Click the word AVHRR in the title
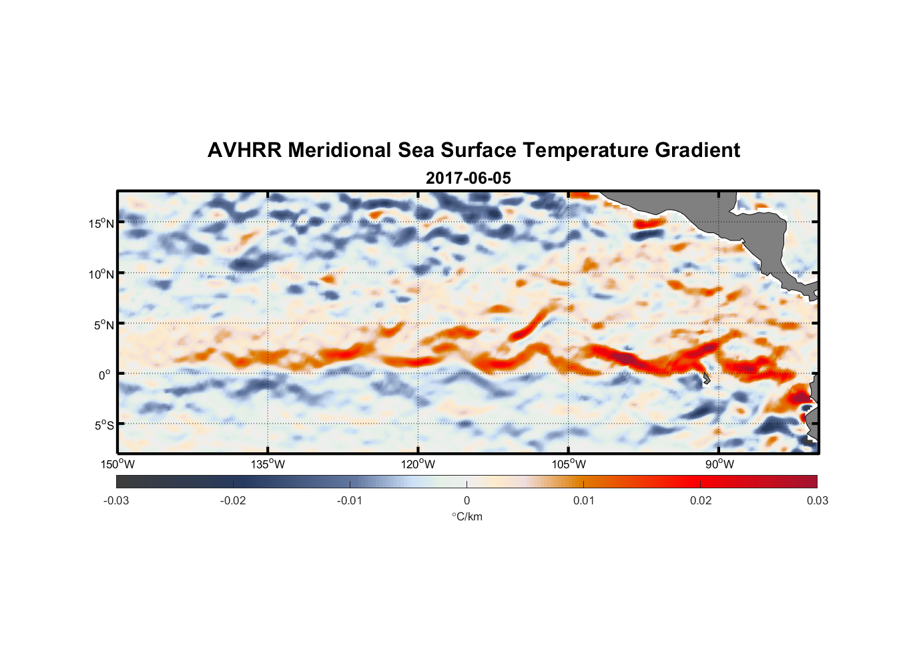click(245, 150)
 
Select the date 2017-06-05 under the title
click(468, 178)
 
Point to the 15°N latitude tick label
click(101, 223)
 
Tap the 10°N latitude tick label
click(101, 274)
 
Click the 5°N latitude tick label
click(103, 325)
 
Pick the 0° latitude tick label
click(105, 375)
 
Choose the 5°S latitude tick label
click(103, 426)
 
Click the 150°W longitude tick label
click(118, 464)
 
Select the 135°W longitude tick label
click(268, 464)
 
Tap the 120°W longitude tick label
click(418, 464)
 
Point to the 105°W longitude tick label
click(569, 464)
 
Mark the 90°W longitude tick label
click(719, 464)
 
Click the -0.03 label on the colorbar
click(116, 500)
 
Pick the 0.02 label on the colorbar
click(701, 500)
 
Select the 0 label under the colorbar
click(467, 500)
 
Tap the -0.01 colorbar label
click(350, 500)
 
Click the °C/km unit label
click(467, 516)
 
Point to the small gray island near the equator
click(706, 379)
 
